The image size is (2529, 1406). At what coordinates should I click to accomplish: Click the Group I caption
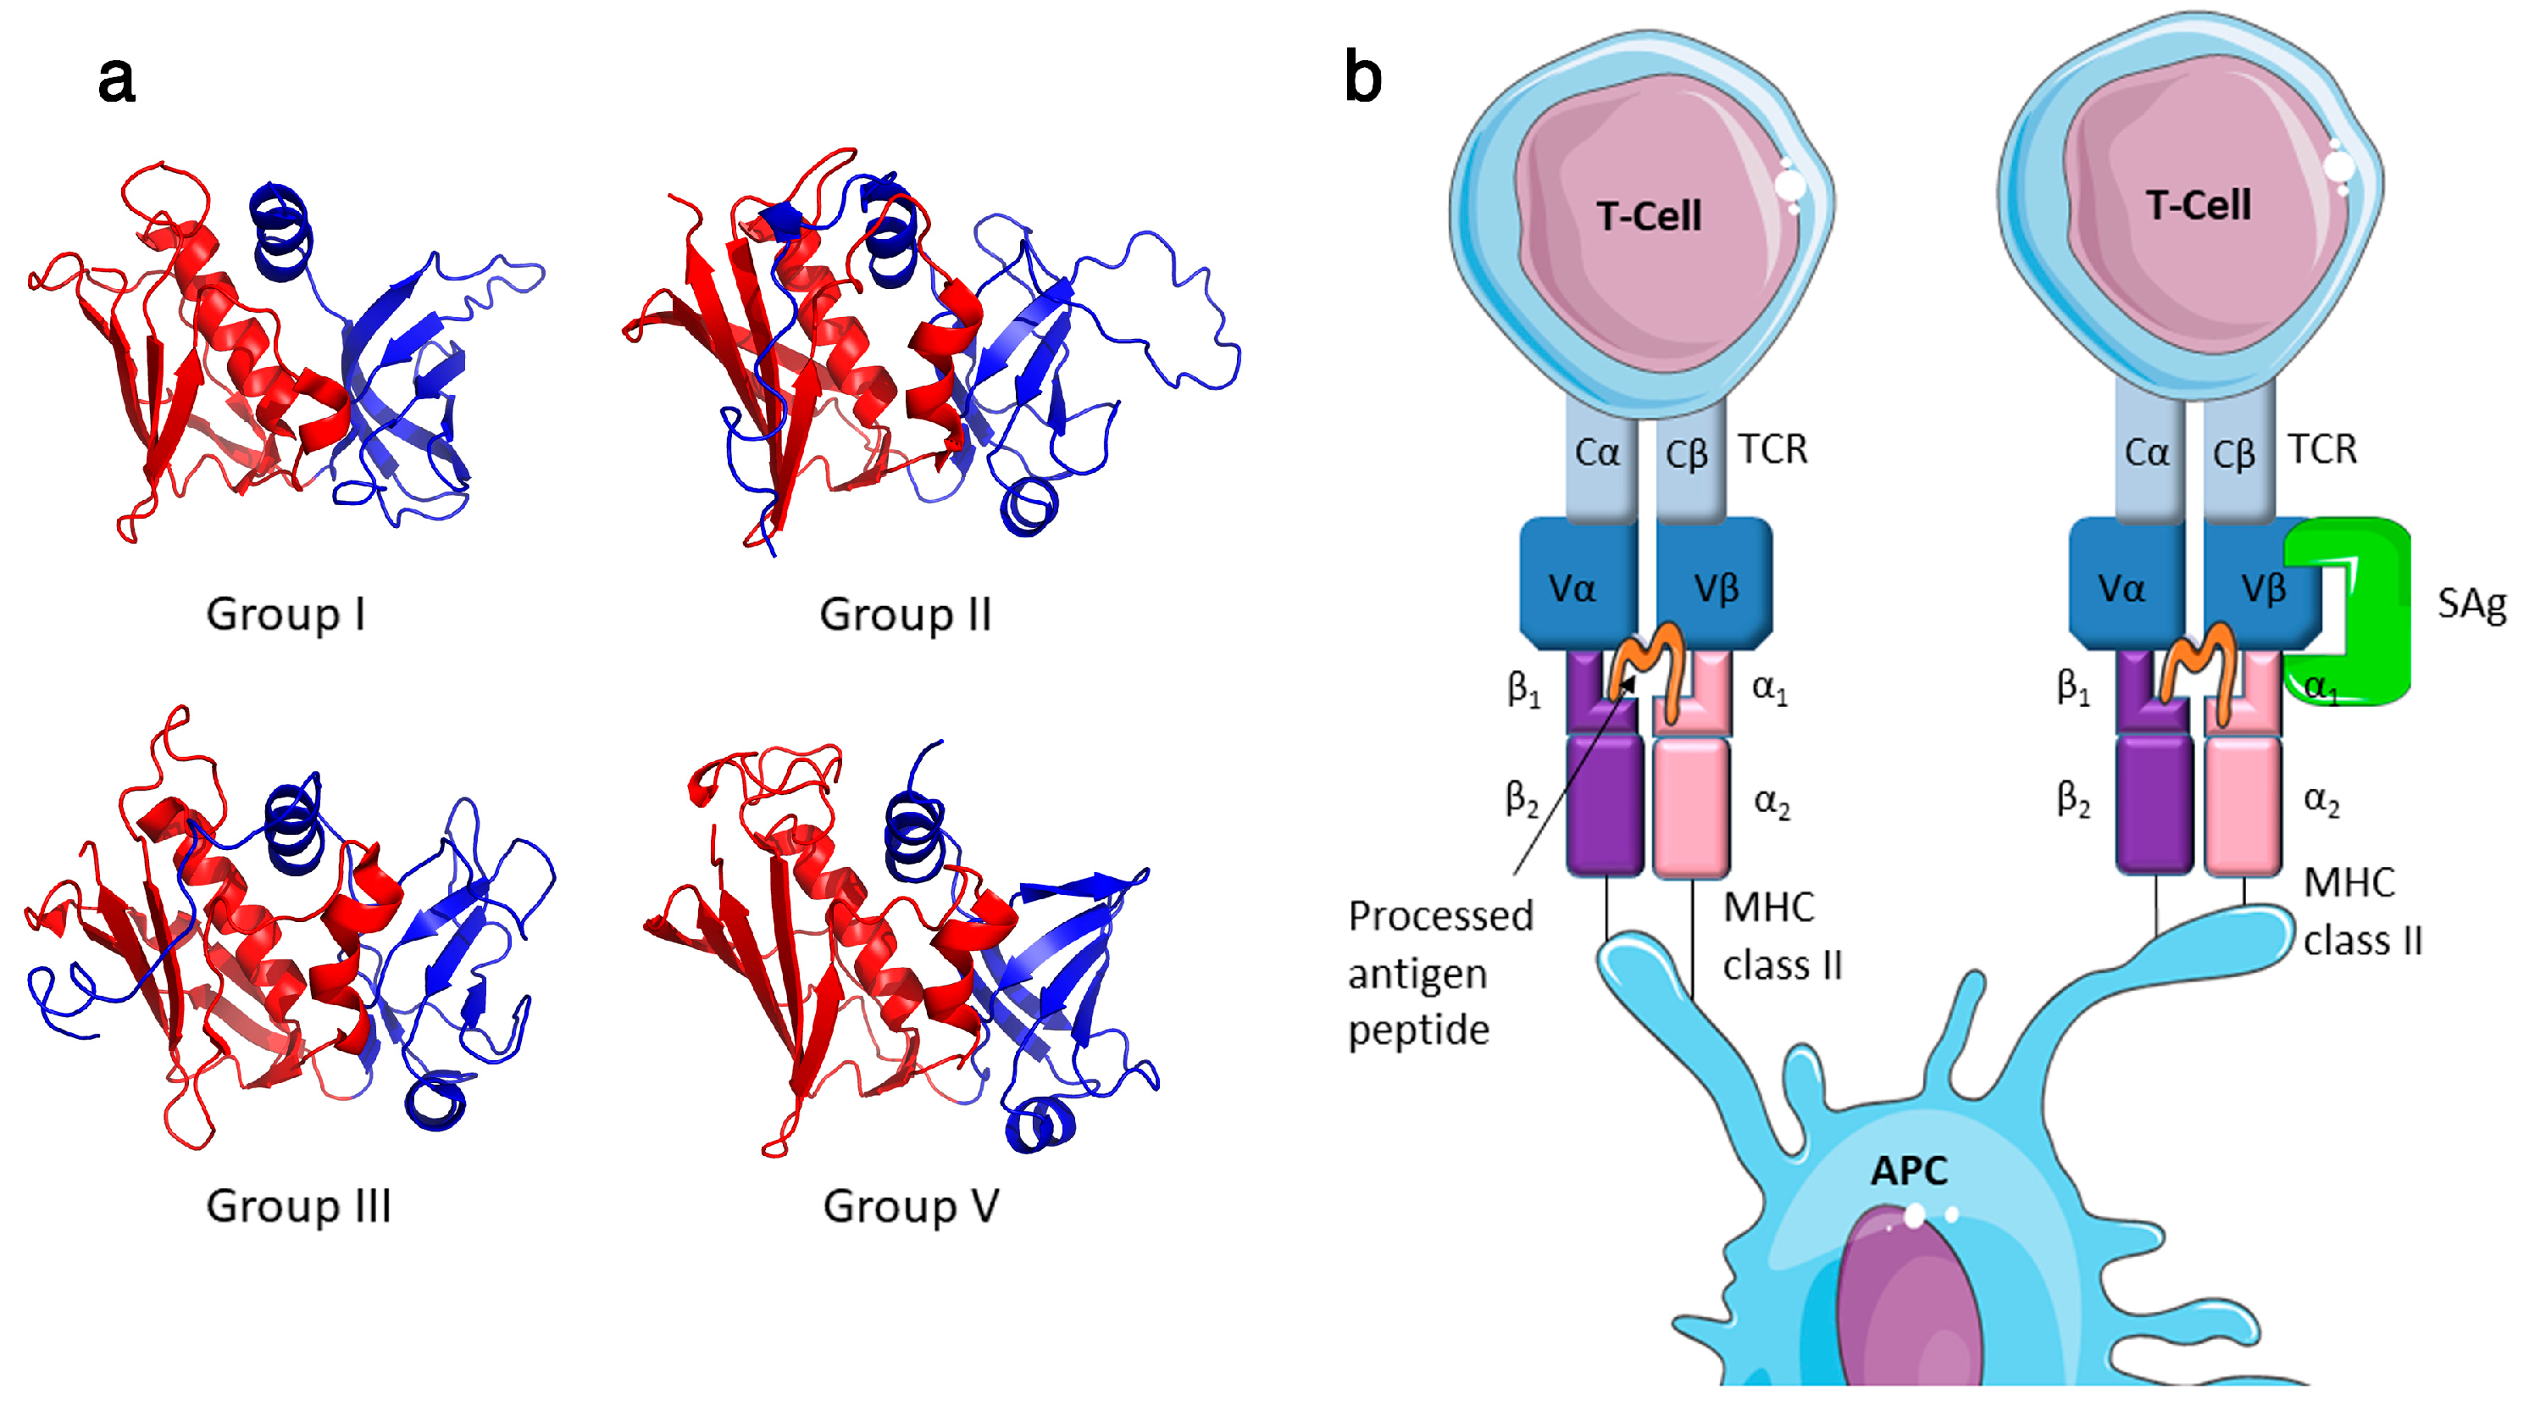click(x=286, y=614)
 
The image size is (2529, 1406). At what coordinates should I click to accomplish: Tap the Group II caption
click(x=904, y=614)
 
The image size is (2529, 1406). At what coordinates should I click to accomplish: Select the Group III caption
click(x=298, y=1205)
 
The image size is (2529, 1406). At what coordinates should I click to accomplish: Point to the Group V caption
click(x=910, y=1205)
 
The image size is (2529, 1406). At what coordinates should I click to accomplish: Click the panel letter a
click(x=116, y=79)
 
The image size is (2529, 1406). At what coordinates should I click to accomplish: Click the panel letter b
click(x=1362, y=76)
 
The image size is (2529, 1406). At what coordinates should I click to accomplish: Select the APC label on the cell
click(x=1909, y=1170)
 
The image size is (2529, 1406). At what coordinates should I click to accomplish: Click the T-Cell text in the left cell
click(x=1649, y=216)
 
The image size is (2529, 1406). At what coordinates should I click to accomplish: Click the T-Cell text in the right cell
click(x=2197, y=205)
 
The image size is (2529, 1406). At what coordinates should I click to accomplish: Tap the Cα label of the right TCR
click(x=2146, y=453)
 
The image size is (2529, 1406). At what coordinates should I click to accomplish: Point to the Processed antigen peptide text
click(x=1439, y=972)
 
